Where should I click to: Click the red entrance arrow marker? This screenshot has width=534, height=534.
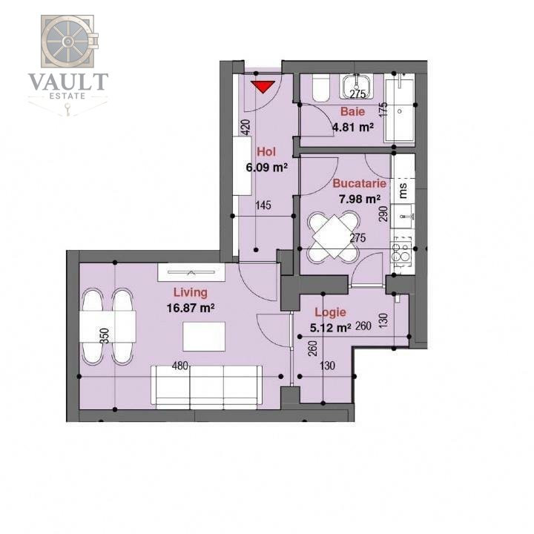click(x=262, y=86)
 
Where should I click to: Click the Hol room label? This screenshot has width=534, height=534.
click(x=266, y=153)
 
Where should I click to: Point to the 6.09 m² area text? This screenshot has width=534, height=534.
click(x=267, y=167)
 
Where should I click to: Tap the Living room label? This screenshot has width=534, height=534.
click(x=190, y=292)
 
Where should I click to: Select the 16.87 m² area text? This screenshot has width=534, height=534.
click(x=191, y=306)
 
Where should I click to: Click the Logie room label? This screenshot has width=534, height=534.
click(x=330, y=312)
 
